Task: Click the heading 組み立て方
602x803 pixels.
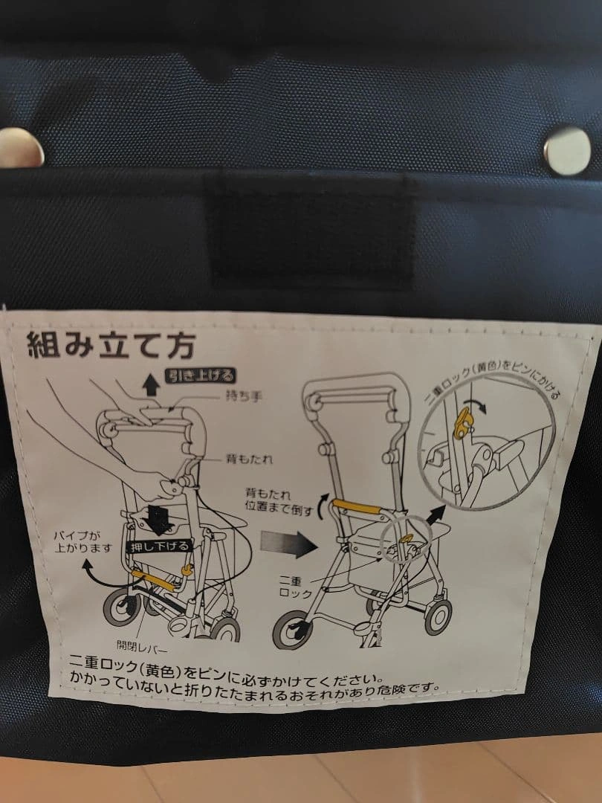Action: [111, 346]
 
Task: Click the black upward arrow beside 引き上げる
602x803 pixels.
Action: [150, 384]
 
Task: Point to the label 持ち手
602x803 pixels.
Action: [244, 396]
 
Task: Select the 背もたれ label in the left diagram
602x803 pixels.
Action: [249, 459]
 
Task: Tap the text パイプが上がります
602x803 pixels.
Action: [82, 542]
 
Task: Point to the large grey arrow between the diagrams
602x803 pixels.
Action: [288, 544]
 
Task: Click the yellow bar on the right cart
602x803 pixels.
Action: [357, 506]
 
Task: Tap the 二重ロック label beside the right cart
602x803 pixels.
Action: [295, 587]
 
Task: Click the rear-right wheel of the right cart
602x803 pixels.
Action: [438, 617]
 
